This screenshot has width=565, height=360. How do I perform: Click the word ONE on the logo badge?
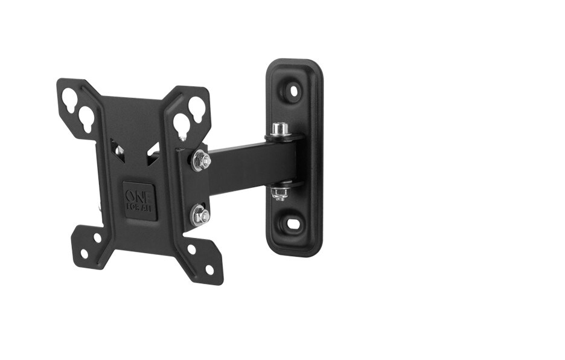coord(139,196)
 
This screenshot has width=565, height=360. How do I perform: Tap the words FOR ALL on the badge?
coord(139,207)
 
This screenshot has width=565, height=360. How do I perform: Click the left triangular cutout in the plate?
coord(117,147)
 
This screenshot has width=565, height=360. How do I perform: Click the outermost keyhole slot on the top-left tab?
coord(69,97)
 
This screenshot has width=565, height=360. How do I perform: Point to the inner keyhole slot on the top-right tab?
coord(181,125)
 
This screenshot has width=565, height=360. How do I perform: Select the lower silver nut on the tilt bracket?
coord(200,215)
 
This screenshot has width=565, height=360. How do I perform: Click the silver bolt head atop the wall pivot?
coord(279,129)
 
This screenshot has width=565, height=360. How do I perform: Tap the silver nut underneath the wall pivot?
coord(279,193)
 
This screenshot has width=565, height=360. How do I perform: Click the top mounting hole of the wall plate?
coord(294,91)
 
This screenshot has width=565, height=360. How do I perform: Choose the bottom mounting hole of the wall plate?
coord(293,223)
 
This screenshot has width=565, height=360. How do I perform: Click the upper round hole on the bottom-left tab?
coord(98,238)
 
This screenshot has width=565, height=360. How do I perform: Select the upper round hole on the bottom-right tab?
coord(191,249)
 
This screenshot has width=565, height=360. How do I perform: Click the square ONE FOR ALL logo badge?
coord(139,201)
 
